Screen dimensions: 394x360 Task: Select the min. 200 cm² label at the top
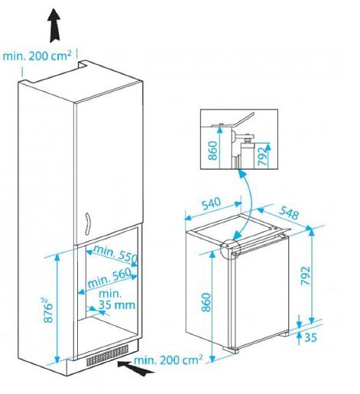tap(38, 55)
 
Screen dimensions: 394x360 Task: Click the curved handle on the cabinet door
tap(88, 223)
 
